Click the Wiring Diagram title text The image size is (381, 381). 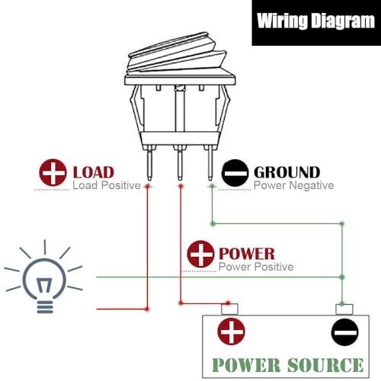click(315, 21)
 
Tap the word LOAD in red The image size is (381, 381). click(94, 172)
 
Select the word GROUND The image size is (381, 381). click(287, 172)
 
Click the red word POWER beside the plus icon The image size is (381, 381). click(247, 254)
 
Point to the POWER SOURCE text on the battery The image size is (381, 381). click(288, 365)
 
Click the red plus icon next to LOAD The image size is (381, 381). click(53, 172)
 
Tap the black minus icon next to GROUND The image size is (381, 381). click(235, 173)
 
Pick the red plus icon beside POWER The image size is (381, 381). click(200, 254)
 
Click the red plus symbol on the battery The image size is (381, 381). click(231, 331)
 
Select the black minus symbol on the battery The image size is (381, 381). click(345, 332)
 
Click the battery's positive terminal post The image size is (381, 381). click(229, 309)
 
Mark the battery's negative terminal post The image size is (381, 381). click(344, 309)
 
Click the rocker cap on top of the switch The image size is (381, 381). click(178, 53)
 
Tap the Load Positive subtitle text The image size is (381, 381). click(107, 185)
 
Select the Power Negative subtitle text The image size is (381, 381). click(294, 185)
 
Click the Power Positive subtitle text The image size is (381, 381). click(256, 267)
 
